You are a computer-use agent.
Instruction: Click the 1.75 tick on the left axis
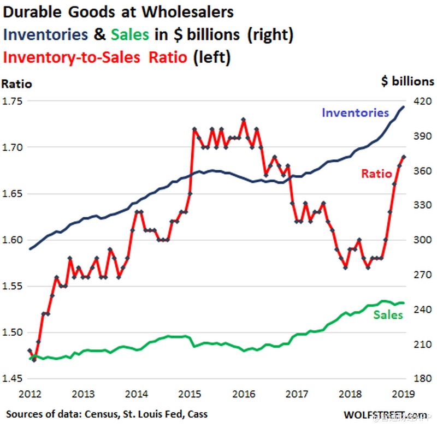click(14, 101)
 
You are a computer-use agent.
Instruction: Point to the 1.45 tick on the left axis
click(14, 379)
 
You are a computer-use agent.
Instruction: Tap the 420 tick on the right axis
click(421, 101)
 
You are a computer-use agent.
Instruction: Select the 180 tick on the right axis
click(421, 379)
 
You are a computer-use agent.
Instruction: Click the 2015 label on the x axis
click(190, 394)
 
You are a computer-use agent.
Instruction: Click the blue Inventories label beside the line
click(355, 113)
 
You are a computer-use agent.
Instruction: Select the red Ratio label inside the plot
click(376, 174)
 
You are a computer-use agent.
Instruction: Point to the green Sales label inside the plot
click(388, 315)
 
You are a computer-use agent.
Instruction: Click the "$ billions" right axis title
click(408, 81)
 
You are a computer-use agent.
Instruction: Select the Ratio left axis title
click(17, 84)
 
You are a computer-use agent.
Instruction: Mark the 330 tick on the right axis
click(421, 205)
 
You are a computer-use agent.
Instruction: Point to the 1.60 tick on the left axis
click(14, 240)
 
